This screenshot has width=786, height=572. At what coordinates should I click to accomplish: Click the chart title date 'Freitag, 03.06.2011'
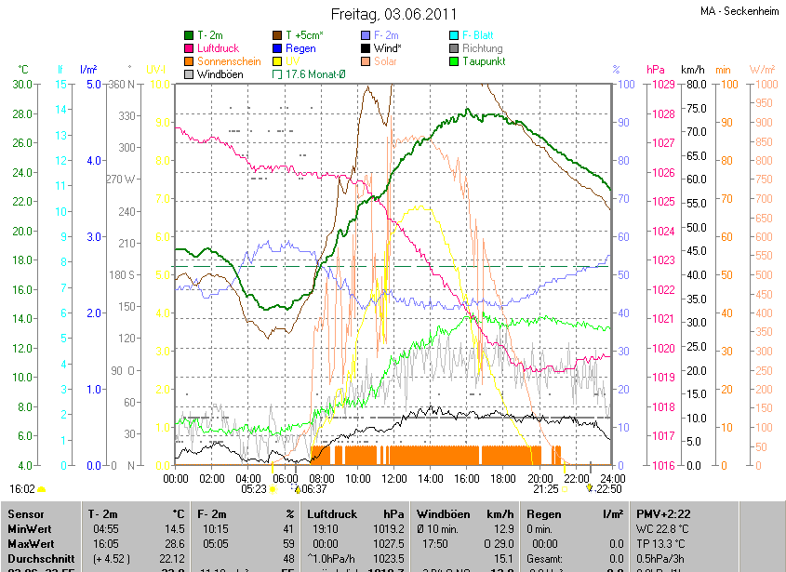tap(393, 15)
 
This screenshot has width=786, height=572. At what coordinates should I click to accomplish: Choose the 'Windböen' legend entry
tap(221, 73)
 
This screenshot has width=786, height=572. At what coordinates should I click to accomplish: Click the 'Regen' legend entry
tap(300, 48)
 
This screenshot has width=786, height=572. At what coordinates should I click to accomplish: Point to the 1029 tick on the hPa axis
tap(662, 85)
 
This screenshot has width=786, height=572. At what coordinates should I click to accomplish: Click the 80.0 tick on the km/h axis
tap(694, 85)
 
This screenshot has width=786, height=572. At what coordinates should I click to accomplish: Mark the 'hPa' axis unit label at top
tap(655, 70)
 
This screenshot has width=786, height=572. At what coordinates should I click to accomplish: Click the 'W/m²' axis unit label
tap(762, 70)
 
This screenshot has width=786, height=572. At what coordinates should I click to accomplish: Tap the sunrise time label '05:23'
tap(254, 488)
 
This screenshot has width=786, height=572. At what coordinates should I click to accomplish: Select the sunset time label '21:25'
tap(545, 488)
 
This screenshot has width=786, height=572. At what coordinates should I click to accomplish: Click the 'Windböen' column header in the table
tap(445, 513)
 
